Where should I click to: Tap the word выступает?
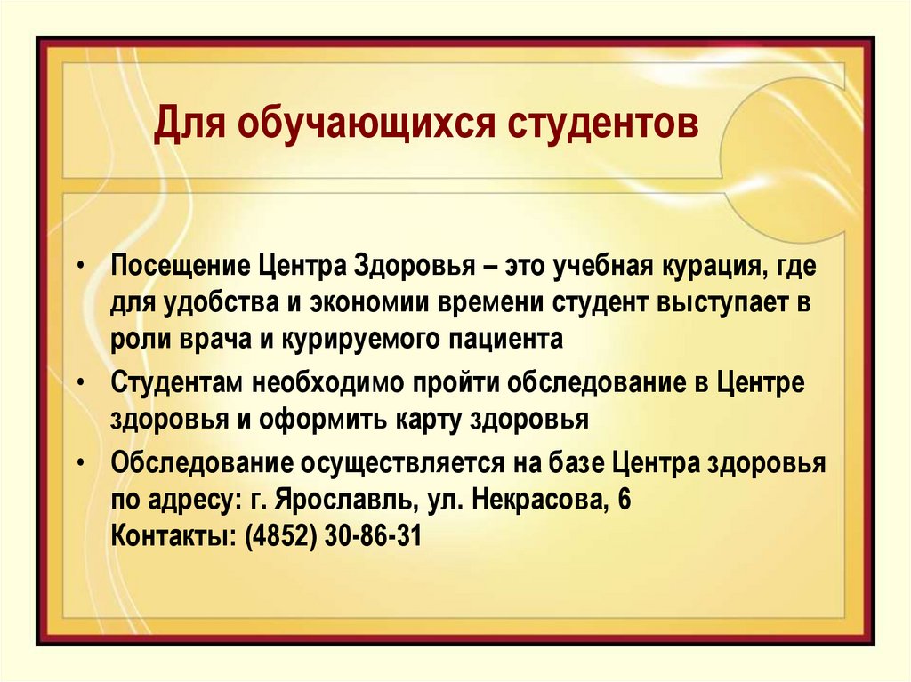[722, 302]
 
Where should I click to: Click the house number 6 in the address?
[625, 500]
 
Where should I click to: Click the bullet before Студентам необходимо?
[81, 381]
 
